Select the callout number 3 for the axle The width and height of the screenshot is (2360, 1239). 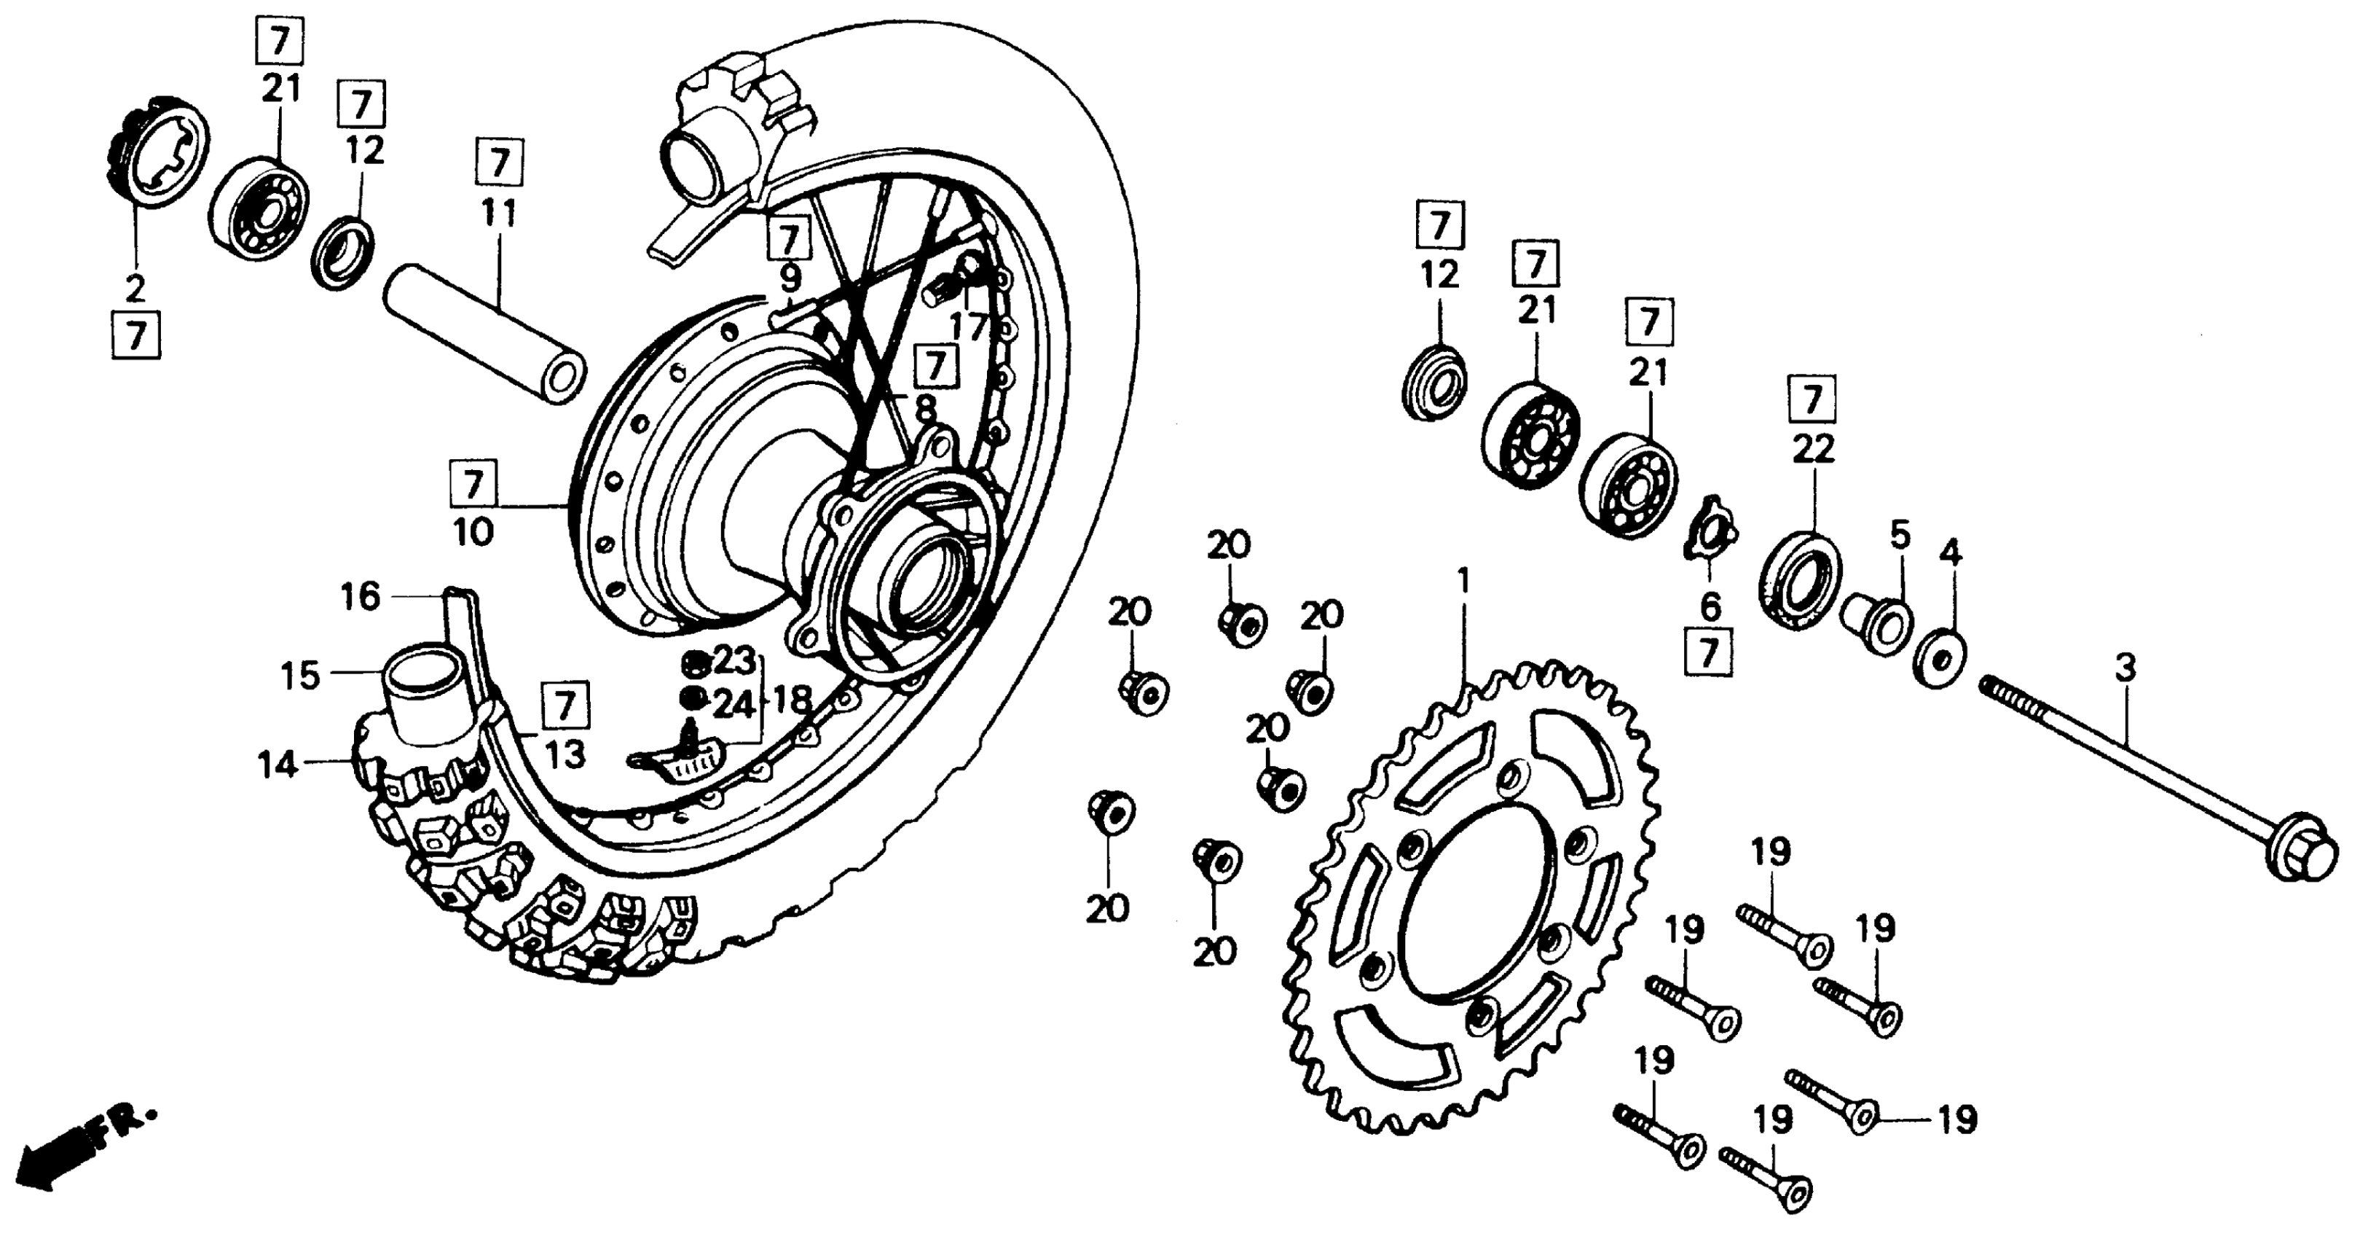tap(2125, 668)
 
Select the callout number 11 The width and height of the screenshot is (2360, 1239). tap(499, 215)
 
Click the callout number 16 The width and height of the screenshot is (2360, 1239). tap(360, 598)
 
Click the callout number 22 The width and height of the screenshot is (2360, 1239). tap(1813, 449)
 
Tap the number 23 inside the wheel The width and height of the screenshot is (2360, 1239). tap(733, 659)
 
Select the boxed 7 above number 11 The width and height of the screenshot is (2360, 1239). tap(499, 163)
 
